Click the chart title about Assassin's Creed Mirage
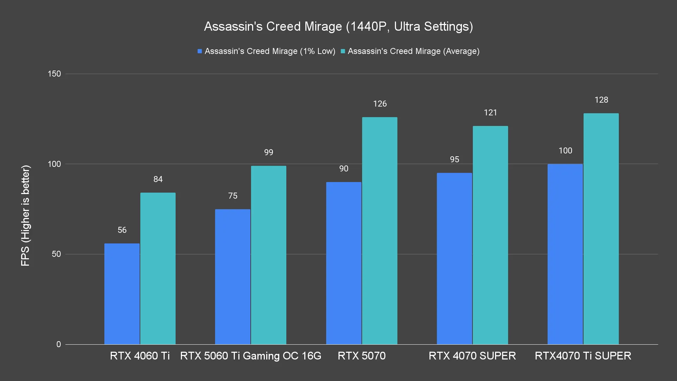pyautogui.click(x=338, y=26)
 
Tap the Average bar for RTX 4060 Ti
pyautogui.click(x=158, y=268)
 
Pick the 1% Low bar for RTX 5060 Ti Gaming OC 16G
pyautogui.click(x=233, y=277)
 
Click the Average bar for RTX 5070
pyautogui.click(x=379, y=231)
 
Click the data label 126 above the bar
pyautogui.click(x=380, y=104)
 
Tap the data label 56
pyautogui.click(x=122, y=230)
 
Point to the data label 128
pyautogui.click(x=601, y=100)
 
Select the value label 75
pyautogui.click(x=233, y=196)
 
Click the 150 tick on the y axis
pyautogui.click(x=54, y=74)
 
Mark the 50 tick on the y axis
pyautogui.click(x=56, y=254)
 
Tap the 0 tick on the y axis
pyautogui.click(x=59, y=344)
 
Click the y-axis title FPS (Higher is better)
pyautogui.click(x=25, y=215)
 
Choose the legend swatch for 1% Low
pyautogui.click(x=200, y=51)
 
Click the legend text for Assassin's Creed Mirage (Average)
pyautogui.click(x=414, y=51)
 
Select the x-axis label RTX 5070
pyautogui.click(x=361, y=356)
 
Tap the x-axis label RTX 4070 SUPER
pyautogui.click(x=472, y=356)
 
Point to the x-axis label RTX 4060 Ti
pyautogui.click(x=140, y=356)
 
